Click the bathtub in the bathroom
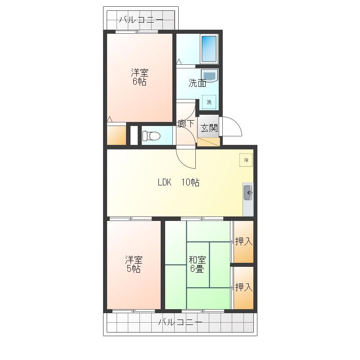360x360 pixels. point(209,49)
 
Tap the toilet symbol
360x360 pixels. point(151,136)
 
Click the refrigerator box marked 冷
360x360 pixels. point(246,160)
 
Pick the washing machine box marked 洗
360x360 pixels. point(209,102)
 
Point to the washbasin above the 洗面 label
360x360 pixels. point(209,75)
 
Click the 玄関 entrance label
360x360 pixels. point(209,128)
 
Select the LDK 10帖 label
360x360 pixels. point(179,182)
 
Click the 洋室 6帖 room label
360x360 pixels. point(139,77)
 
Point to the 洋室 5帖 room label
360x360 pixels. point(134,264)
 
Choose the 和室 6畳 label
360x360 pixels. point(197,264)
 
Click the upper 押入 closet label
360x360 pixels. point(244,241)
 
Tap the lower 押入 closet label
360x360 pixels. point(244,287)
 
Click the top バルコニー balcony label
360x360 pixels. point(141,20)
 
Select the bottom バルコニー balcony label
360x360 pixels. point(180,322)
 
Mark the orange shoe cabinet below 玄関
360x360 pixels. point(209,142)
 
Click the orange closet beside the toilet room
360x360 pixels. point(117,135)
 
